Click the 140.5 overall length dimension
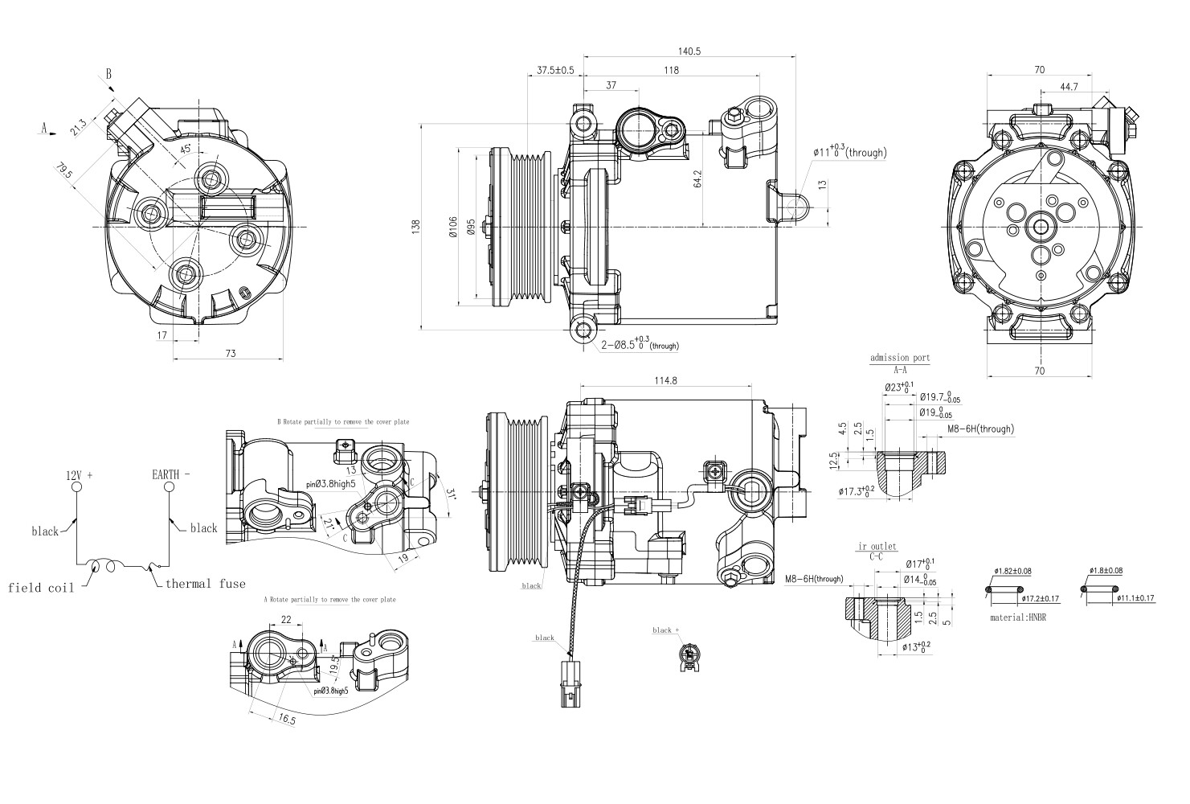click(x=689, y=51)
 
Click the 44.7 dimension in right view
click(x=1069, y=87)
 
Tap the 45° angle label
click(x=186, y=150)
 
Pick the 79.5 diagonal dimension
click(x=65, y=173)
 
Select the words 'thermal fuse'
click(x=206, y=584)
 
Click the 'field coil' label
click(x=41, y=588)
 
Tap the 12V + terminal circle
click(x=76, y=487)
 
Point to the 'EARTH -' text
click(x=170, y=474)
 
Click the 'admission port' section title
click(x=899, y=358)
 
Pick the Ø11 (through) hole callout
click(x=849, y=151)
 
